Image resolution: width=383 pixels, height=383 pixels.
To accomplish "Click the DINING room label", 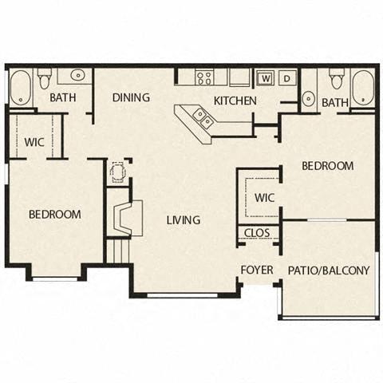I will [x=131, y=98].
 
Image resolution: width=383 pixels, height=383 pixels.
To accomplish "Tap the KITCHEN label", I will [x=235, y=101].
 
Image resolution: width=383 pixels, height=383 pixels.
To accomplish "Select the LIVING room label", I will [x=183, y=220].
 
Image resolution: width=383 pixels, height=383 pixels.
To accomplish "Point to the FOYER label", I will [x=257, y=270].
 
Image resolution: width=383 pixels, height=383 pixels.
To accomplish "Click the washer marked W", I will [x=265, y=78].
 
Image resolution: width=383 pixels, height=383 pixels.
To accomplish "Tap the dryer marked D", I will [x=286, y=78].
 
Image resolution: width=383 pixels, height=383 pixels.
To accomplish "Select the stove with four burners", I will [x=205, y=77].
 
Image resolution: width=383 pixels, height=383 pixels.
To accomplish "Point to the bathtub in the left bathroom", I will [x=20, y=87].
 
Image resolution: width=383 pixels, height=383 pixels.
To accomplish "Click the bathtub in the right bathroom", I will [x=363, y=88].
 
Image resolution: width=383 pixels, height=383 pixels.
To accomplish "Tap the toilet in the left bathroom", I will [x=44, y=78].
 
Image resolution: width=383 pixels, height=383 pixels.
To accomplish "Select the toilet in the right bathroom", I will [x=337, y=79].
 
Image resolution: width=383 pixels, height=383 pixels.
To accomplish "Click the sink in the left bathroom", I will [x=77, y=76].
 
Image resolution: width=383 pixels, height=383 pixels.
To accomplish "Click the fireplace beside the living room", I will [x=124, y=219].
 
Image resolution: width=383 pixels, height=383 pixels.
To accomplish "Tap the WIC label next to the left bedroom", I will [x=34, y=142].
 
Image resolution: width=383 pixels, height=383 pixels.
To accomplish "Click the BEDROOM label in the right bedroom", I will [x=327, y=166].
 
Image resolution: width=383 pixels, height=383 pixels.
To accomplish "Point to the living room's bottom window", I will [x=183, y=296].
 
